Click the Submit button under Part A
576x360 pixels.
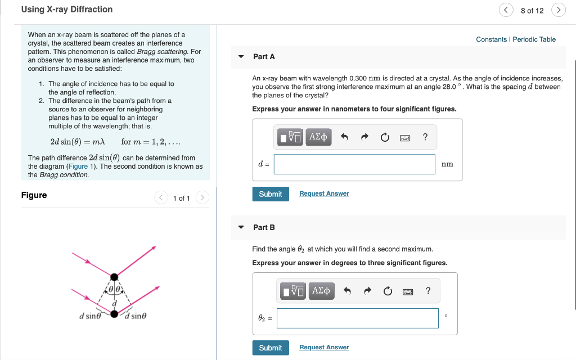(271, 194)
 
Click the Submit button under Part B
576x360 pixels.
(271, 348)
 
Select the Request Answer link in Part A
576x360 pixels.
(324, 193)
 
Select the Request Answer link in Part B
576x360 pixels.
(324, 348)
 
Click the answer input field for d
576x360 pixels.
(354, 164)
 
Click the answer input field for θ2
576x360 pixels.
(357, 318)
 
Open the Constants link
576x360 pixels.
(491, 39)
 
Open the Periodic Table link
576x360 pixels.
(534, 39)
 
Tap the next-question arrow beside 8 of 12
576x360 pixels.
(559, 10)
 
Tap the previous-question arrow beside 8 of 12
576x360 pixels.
(505, 10)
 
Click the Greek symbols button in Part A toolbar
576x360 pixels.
(319, 137)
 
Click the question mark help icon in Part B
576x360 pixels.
(428, 291)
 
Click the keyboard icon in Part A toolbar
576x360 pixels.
(404, 137)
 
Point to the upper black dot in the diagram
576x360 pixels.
(114, 277)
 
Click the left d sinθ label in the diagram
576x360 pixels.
(90, 316)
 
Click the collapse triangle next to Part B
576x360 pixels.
(241, 227)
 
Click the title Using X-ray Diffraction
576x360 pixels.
(67, 10)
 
